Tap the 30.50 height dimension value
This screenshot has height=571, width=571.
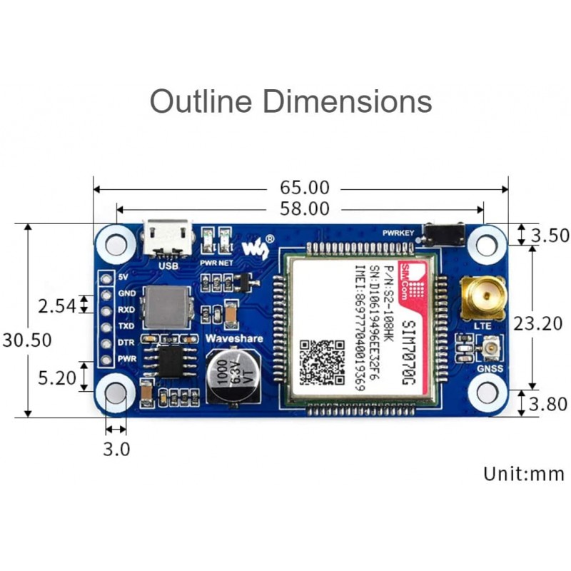[26, 340]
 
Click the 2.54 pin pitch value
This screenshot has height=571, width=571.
[57, 307]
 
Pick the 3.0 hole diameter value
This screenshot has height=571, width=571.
[116, 450]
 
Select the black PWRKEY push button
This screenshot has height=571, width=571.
[443, 233]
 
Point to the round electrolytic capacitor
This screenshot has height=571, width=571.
[231, 375]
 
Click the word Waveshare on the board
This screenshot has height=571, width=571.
[233, 338]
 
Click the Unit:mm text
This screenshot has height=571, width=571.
[524, 473]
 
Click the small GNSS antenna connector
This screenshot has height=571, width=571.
[490, 350]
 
